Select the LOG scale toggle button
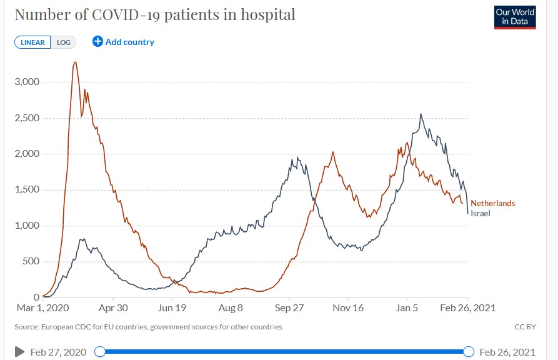64,42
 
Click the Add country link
124,42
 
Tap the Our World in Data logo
515,17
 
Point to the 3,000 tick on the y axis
27,82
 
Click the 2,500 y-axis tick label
27,118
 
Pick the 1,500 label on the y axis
27,189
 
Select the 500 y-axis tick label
31,261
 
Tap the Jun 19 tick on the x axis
172,307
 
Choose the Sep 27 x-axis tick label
290,307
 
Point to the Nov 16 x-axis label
348,307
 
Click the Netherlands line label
492,204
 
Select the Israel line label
481,213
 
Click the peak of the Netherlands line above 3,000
75,62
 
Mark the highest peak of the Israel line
421,114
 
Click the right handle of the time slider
469,352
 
